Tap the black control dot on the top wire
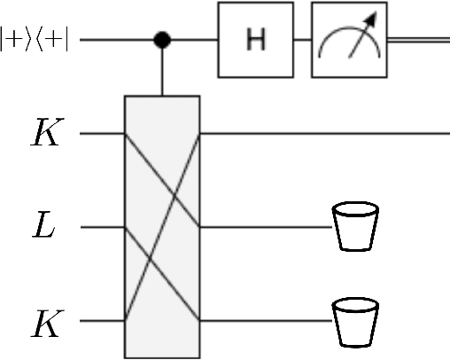click(162, 40)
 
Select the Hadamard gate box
click(254, 41)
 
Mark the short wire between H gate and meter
click(301, 41)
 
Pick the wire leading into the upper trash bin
click(266, 228)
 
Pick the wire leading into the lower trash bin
click(266, 320)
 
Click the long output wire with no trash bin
click(328, 135)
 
